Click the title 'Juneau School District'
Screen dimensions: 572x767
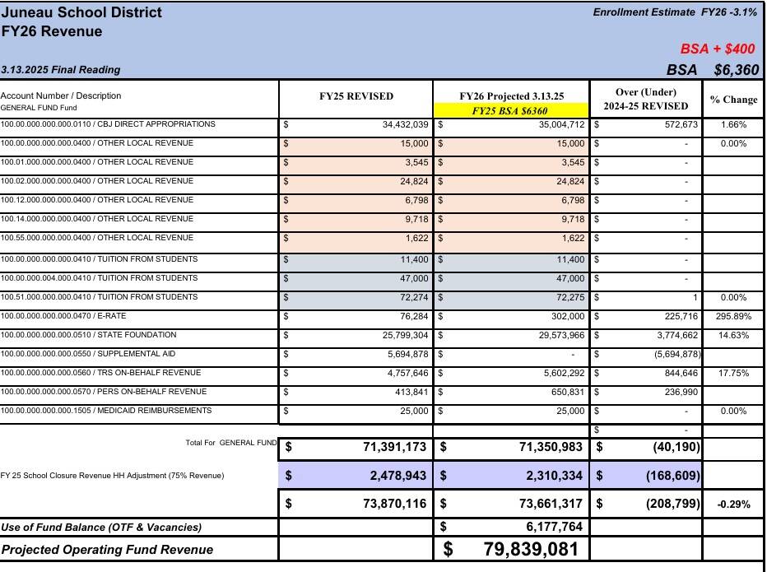pos(81,13)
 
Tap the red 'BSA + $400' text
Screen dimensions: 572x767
pos(718,49)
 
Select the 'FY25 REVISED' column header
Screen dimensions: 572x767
pos(356,96)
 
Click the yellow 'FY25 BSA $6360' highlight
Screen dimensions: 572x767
pos(510,109)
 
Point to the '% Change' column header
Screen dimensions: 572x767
pos(733,100)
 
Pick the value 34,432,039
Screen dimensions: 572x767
pos(394,125)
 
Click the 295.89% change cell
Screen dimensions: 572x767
pos(734,316)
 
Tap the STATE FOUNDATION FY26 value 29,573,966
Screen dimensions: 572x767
pos(551,336)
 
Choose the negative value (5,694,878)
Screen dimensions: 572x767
pos(672,355)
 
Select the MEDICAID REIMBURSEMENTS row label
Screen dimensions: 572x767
pos(106,411)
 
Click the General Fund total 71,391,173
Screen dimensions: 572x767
pos(394,448)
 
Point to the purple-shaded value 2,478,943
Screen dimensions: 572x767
pos(394,476)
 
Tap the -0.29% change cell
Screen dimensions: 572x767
pos(734,505)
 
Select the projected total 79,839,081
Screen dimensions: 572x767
pos(531,549)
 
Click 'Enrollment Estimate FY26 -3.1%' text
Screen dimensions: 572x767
pos(675,12)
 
